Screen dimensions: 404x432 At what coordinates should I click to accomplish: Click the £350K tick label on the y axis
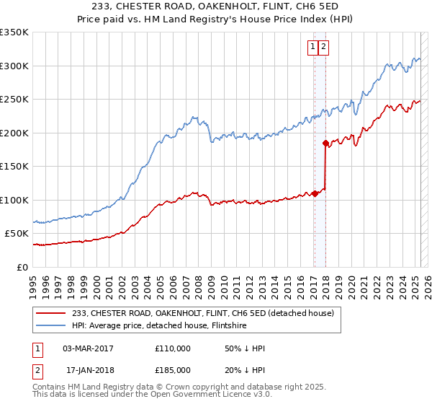point(14,32)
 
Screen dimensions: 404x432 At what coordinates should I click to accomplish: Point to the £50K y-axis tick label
point(17,234)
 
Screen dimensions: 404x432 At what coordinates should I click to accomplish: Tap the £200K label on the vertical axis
point(14,133)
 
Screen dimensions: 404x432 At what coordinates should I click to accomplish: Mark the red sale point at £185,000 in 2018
point(325,143)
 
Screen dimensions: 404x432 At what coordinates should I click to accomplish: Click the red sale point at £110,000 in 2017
point(315,193)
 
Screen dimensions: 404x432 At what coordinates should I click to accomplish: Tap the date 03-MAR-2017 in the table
point(88,348)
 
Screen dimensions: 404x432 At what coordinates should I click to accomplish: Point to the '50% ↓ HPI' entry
point(245,348)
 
